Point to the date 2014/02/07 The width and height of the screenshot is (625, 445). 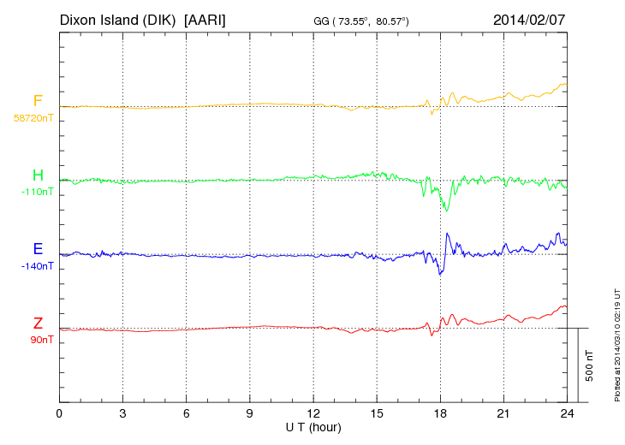click(x=529, y=18)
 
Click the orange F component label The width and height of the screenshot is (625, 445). click(x=38, y=102)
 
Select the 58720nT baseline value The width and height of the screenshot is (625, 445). click(x=33, y=118)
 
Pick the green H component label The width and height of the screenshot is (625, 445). click(x=38, y=176)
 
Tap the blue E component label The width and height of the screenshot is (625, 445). click(x=38, y=250)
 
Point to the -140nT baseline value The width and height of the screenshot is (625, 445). click(x=37, y=266)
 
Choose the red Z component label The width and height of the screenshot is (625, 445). click(x=38, y=323)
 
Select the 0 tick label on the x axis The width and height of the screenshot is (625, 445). click(x=59, y=413)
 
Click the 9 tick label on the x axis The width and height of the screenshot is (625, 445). click(x=250, y=413)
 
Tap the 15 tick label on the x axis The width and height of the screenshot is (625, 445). click(x=377, y=413)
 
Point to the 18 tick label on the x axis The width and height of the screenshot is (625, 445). click(x=440, y=413)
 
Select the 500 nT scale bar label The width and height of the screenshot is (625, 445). click(x=589, y=365)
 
